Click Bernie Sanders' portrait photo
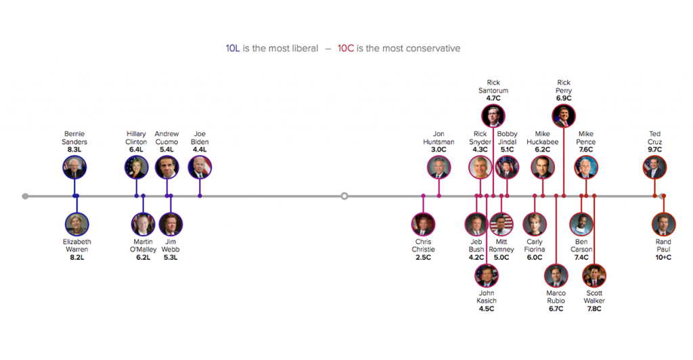coord(74,167)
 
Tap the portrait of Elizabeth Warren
coord(77,224)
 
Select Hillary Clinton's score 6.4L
coord(136,150)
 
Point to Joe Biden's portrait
coord(200,167)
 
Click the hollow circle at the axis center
coord(344,196)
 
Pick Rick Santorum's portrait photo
coord(493,116)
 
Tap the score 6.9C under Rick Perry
coord(564,98)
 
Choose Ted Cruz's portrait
coord(654,167)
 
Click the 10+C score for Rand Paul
coord(663,257)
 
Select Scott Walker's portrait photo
coord(594,275)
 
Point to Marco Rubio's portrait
coord(556,275)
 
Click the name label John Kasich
coord(487,297)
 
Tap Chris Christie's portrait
coord(424,224)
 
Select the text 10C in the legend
coord(346,49)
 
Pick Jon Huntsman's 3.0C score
coord(439,150)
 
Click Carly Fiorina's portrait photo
coord(535,224)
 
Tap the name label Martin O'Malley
coord(143,246)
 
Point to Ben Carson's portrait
coord(581,224)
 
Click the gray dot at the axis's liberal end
coord(25,196)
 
